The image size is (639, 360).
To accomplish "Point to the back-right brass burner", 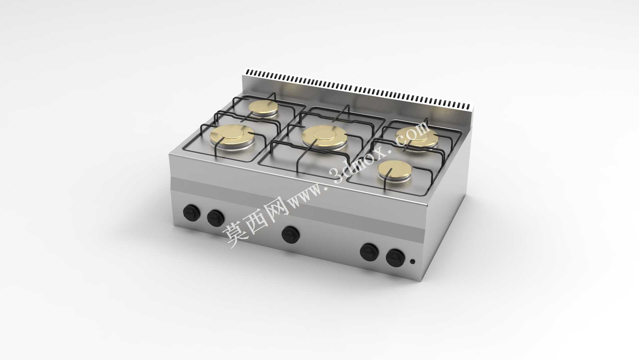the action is pos(417,137).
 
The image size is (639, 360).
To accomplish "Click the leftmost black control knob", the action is pos(191,212).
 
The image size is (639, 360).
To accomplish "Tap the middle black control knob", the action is pos(291,234).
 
